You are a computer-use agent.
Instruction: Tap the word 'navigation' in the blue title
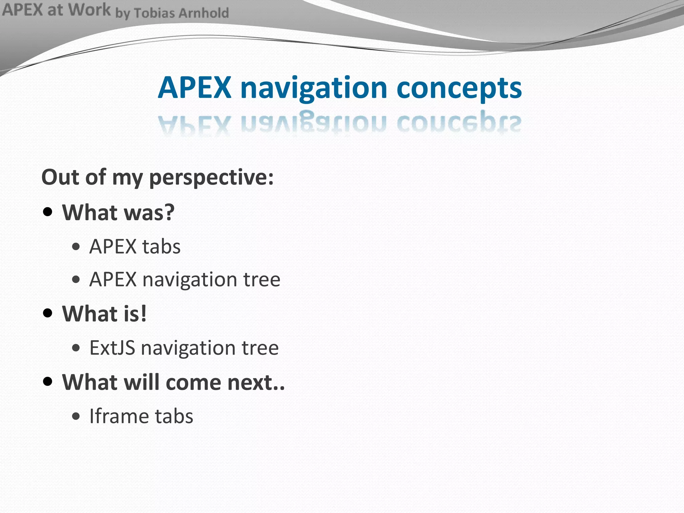(x=314, y=88)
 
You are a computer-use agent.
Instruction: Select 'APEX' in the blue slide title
(x=195, y=88)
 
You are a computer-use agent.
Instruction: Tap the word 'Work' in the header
(x=90, y=10)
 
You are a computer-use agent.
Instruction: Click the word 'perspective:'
(x=211, y=178)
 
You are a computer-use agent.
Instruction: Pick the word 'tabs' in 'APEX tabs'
(x=161, y=247)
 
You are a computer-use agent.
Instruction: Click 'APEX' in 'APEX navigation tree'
(x=113, y=279)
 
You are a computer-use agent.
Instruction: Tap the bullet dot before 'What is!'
(x=48, y=313)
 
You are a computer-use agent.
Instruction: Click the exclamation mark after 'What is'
(x=143, y=314)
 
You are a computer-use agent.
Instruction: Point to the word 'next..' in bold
(x=256, y=382)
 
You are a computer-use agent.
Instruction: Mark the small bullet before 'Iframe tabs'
(x=76, y=416)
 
